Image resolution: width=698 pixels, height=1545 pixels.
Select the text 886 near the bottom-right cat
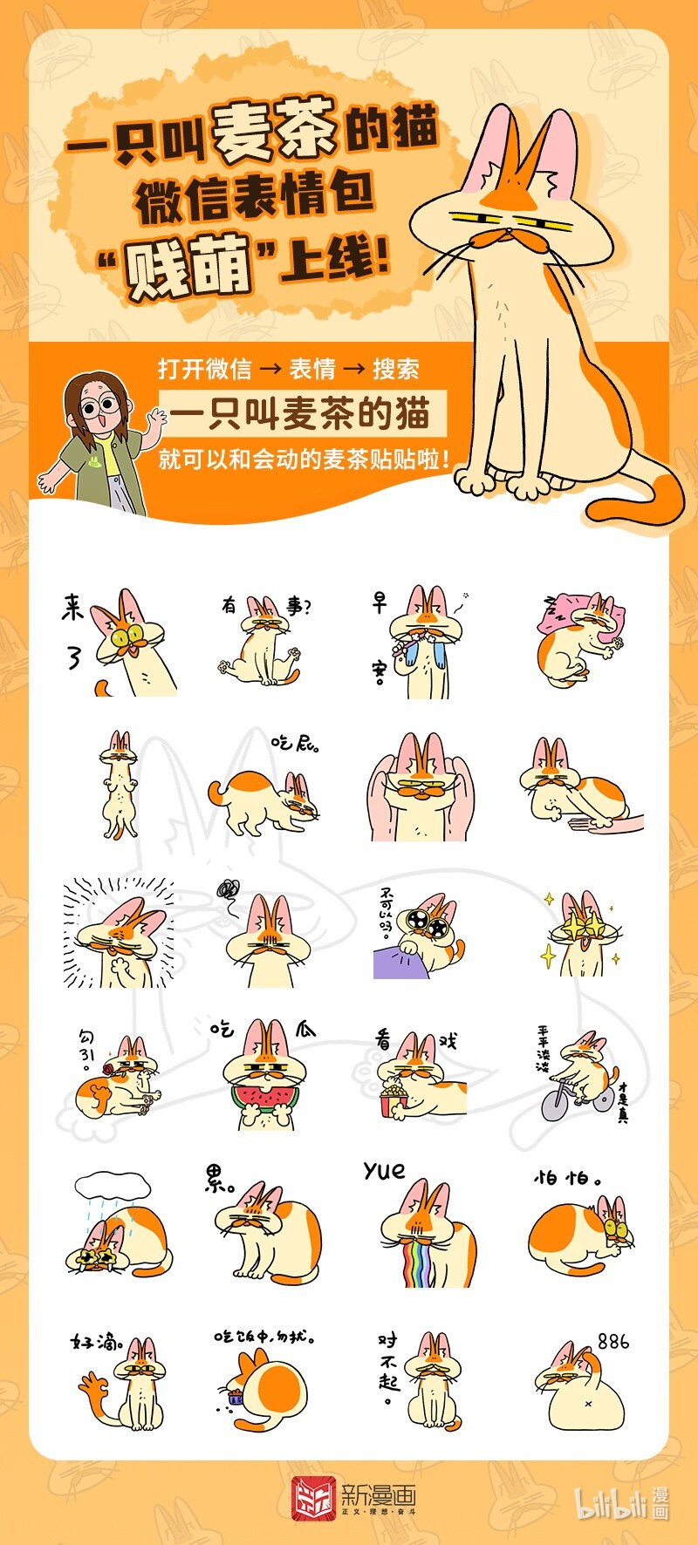612,1341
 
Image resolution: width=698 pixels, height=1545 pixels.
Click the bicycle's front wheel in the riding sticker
554,1104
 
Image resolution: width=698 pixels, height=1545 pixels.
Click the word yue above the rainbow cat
385,1170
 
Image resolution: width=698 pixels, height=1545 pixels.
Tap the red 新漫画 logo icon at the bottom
312,1498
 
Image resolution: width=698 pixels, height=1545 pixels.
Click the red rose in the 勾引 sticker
108,1069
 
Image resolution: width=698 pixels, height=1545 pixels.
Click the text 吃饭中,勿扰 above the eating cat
264,1337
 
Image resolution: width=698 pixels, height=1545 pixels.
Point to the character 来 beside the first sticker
72,607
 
